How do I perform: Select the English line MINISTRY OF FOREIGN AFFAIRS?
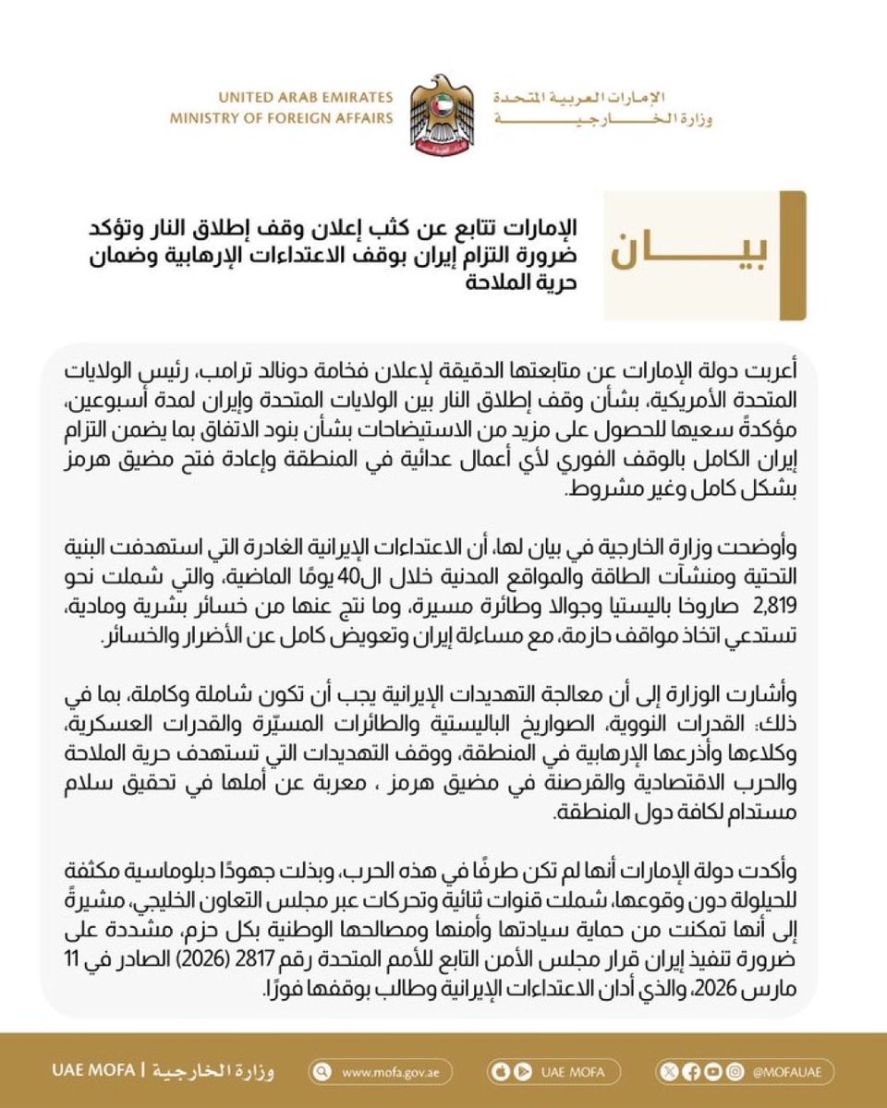coord(282,117)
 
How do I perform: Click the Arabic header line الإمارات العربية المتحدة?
coord(601,97)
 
